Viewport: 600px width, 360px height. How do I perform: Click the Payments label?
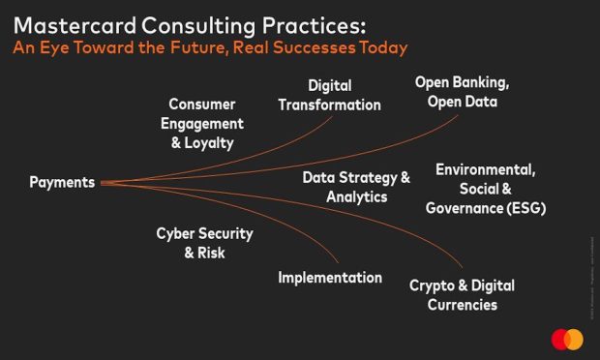(x=62, y=182)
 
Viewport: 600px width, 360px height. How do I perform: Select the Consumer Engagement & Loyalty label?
(x=201, y=123)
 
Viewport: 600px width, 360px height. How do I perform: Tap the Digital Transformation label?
(x=329, y=95)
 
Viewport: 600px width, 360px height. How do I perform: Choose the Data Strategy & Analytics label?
(x=356, y=187)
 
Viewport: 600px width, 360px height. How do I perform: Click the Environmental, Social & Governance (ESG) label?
(x=485, y=189)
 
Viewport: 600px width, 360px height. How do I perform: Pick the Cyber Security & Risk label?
(x=204, y=243)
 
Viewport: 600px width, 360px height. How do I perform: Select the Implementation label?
(x=330, y=278)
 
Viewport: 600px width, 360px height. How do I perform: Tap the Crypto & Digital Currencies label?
(x=462, y=295)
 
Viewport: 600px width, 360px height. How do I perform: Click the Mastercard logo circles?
(x=567, y=340)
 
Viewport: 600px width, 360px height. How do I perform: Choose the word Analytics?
(x=356, y=196)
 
